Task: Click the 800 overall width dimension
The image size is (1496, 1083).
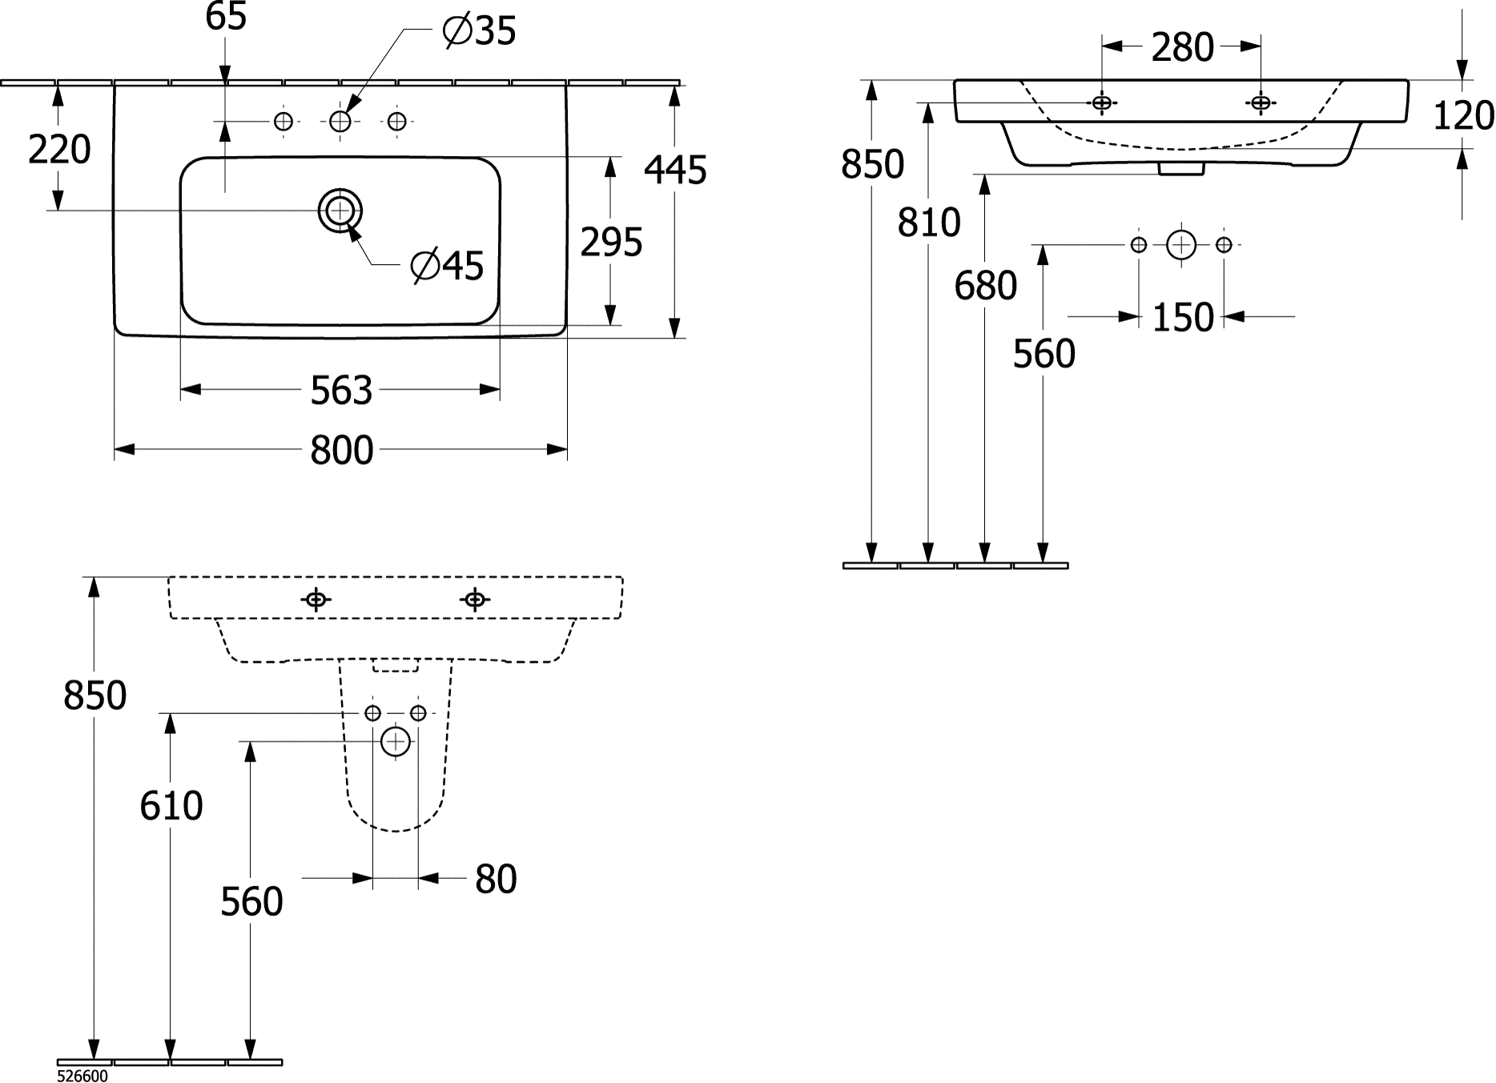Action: pyautogui.click(x=342, y=451)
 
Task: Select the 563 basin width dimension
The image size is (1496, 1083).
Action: pyautogui.click(x=342, y=390)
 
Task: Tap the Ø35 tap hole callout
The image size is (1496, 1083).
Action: pyautogui.click(x=479, y=31)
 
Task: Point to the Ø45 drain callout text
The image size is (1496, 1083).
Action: pyautogui.click(x=447, y=266)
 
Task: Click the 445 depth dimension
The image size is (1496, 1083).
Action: pyautogui.click(x=676, y=170)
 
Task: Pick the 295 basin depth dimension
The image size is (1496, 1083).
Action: pyautogui.click(x=611, y=242)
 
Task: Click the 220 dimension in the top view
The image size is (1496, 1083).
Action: pyautogui.click(x=59, y=150)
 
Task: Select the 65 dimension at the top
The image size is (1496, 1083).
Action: pyautogui.click(x=226, y=17)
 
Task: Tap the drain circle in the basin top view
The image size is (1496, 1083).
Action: pyautogui.click(x=340, y=211)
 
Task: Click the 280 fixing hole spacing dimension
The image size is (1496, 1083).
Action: pyautogui.click(x=1183, y=48)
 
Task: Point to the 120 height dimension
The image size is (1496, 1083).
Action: pyautogui.click(x=1463, y=116)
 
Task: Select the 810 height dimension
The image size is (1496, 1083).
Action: pyautogui.click(x=928, y=223)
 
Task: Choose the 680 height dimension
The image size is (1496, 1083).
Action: pyautogui.click(x=985, y=285)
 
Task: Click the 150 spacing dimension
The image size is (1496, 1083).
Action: pyautogui.click(x=1183, y=318)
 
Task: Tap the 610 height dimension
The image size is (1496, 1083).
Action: pyautogui.click(x=171, y=805)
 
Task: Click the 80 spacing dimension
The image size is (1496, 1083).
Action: pyautogui.click(x=496, y=879)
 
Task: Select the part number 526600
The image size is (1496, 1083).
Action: pyautogui.click(x=82, y=1077)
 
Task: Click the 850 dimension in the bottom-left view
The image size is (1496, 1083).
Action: pyautogui.click(x=95, y=695)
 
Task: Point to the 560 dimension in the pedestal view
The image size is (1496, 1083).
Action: pyautogui.click(x=251, y=902)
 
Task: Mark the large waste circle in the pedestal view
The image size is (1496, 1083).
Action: pyautogui.click(x=396, y=742)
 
